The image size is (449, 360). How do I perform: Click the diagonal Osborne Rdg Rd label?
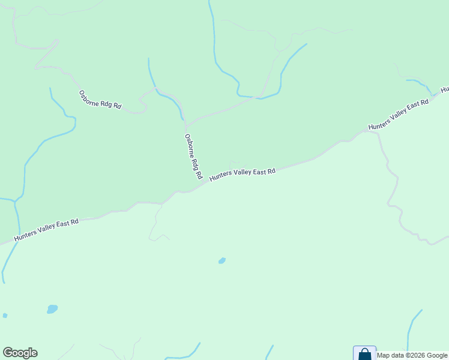(x=100, y=100)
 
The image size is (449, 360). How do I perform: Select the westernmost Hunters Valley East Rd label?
(x=46, y=230)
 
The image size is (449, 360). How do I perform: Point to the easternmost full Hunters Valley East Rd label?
(x=399, y=114)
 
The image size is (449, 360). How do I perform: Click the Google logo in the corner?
(x=20, y=353)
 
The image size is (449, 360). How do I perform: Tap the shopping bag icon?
(x=364, y=354)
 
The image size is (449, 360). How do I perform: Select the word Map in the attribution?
(x=383, y=355)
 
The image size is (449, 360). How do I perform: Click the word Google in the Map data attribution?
(x=437, y=355)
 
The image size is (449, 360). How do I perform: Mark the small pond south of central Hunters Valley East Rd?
(x=222, y=261)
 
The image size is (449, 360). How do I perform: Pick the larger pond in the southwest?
(x=52, y=309)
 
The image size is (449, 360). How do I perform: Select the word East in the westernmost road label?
(x=64, y=225)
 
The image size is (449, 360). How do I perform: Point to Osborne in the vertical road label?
(x=188, y=145)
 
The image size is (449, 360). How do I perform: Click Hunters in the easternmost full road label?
(x=380, y=123)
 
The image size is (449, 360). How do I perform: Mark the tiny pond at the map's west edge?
(x=5, y=316)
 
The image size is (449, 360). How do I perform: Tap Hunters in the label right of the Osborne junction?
(x=221, y=176)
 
